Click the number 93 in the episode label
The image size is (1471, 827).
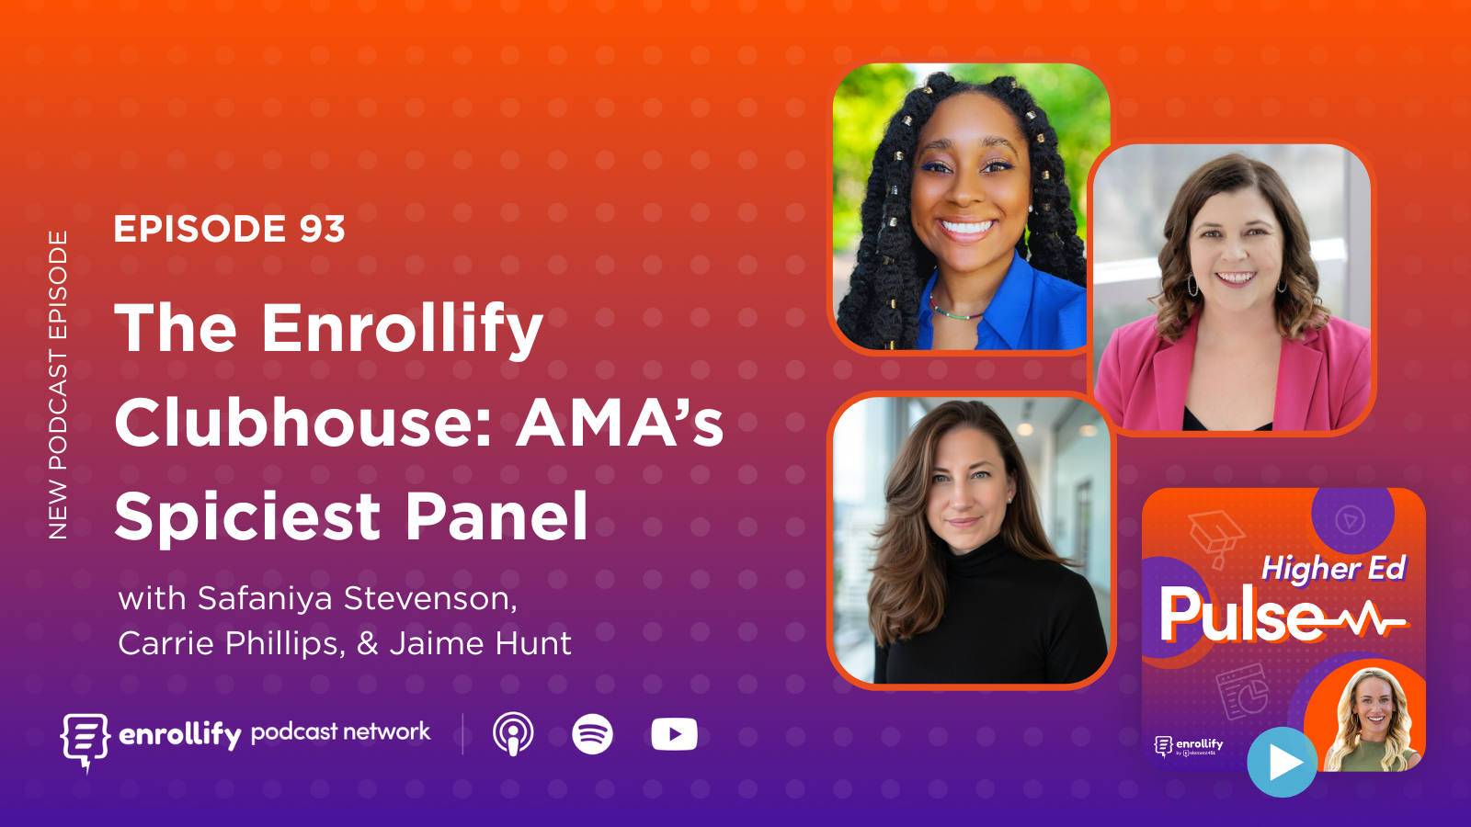point(322,229)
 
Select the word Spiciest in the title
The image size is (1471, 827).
point(246,516)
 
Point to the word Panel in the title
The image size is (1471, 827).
point(496,516)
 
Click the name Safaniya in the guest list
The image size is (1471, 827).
point(265,598)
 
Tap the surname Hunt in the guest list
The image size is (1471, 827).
point(533,643)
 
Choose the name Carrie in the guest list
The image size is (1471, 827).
point(166,643)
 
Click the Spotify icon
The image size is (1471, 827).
point(592,734)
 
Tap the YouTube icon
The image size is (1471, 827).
point(674,734)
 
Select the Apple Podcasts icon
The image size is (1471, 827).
point(513,734)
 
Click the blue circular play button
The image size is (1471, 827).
point(1282,762)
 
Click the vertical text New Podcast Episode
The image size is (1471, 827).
point(58,385)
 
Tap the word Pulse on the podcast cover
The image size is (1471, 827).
point(1241,615)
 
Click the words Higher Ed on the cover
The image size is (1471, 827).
point(1333,568)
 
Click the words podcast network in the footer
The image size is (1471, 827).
point(340,731)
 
